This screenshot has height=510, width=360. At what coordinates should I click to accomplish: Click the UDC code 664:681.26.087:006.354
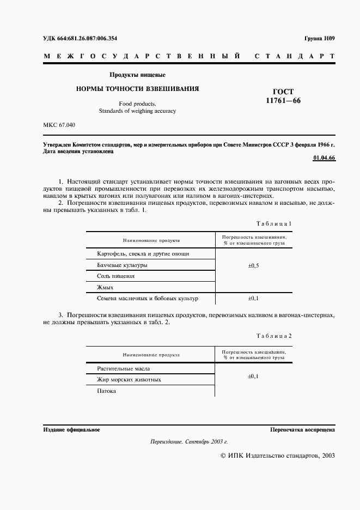(x=80, y=38)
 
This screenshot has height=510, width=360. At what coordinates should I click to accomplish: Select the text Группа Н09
(x=319, y=38)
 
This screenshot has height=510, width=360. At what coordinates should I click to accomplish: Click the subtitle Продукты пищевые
(x=137, y=74)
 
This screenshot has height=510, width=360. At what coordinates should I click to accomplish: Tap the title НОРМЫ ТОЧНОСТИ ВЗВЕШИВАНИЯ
(x=137, y=88)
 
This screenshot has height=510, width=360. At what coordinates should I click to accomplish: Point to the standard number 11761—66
(x=283, y=101)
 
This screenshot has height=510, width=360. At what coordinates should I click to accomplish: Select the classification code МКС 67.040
(x=59, y=125)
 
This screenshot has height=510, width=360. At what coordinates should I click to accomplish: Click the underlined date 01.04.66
(x=324, y=158)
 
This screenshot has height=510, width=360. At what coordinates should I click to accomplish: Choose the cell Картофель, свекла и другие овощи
(x=143, y=254)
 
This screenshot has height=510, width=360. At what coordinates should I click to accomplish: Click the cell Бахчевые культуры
(x=122, y=265)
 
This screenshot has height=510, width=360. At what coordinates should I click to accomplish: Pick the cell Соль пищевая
(x=115, y=276)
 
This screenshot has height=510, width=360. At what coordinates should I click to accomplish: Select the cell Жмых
(x=105, y=287)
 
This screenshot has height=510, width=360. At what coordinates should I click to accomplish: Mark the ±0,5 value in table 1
(x=253, y=265)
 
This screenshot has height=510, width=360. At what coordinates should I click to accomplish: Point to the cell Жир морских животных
(x=129, y=380)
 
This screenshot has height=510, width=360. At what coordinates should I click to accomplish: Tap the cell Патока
(x=107, y=391)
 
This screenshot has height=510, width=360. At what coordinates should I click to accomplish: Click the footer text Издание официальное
(x=71, y=430)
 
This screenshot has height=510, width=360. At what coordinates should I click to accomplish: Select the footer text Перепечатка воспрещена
(x=302, y=430)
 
